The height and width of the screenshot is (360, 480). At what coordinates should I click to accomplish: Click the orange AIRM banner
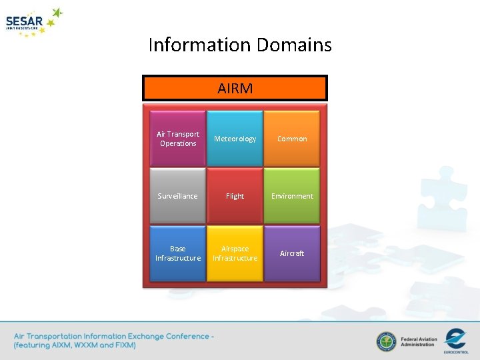point(235,88)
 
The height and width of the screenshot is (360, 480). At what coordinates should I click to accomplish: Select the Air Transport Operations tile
point(178,139)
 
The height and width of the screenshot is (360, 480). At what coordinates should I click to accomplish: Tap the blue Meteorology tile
point(235,139)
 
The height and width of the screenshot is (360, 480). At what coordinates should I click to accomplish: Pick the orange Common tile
point(292,139)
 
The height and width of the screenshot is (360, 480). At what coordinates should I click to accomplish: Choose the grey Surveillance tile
point(178,196)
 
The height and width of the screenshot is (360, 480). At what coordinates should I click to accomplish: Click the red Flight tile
point(235,196)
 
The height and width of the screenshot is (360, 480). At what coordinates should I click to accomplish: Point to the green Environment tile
point(292,196)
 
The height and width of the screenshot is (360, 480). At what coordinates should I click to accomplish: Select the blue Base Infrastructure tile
point(178,253)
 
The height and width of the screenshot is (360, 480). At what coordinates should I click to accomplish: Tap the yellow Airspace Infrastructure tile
point(235,253)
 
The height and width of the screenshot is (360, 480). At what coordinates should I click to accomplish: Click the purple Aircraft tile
point(292,253)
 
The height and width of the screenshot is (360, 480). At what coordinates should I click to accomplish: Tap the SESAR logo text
point(24,21)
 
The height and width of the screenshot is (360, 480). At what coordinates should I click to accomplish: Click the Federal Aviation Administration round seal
point(386,342)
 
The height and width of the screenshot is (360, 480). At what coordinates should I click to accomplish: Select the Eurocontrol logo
point(456,339)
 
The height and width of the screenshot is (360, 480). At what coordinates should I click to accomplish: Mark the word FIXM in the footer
point(124,345)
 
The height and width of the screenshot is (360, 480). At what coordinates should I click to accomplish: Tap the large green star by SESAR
point(57,13)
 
